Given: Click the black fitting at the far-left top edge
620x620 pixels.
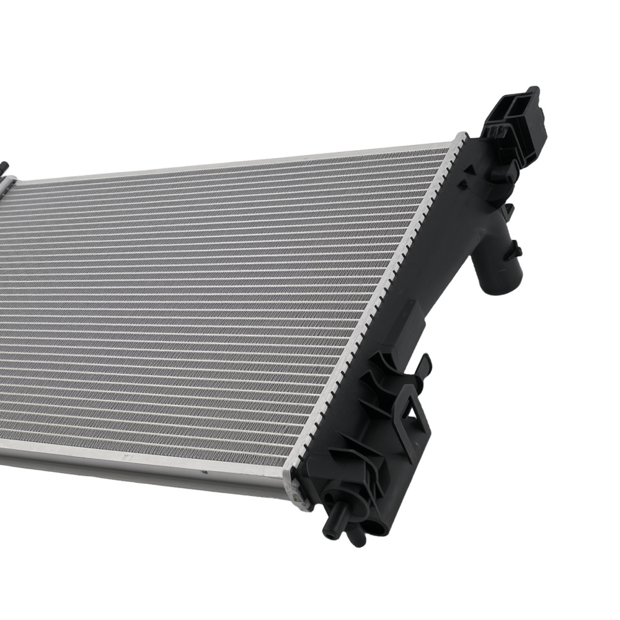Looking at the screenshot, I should [5, 168].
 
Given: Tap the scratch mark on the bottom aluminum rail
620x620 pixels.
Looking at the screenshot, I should [127, 457].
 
